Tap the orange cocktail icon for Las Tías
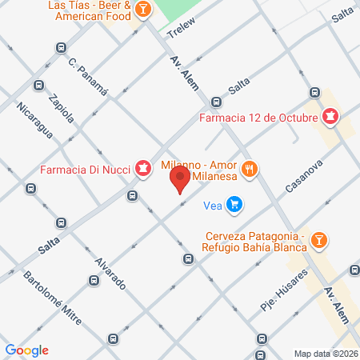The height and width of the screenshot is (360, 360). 142,10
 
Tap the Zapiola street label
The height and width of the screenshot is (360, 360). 61,106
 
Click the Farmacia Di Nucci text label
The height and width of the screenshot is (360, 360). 85,169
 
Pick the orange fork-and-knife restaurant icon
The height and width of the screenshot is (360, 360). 250,169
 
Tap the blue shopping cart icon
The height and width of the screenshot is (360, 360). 234,206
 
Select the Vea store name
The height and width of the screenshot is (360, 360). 212,206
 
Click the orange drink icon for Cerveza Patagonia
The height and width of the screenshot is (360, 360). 318,239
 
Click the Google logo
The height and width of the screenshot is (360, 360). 26,350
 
